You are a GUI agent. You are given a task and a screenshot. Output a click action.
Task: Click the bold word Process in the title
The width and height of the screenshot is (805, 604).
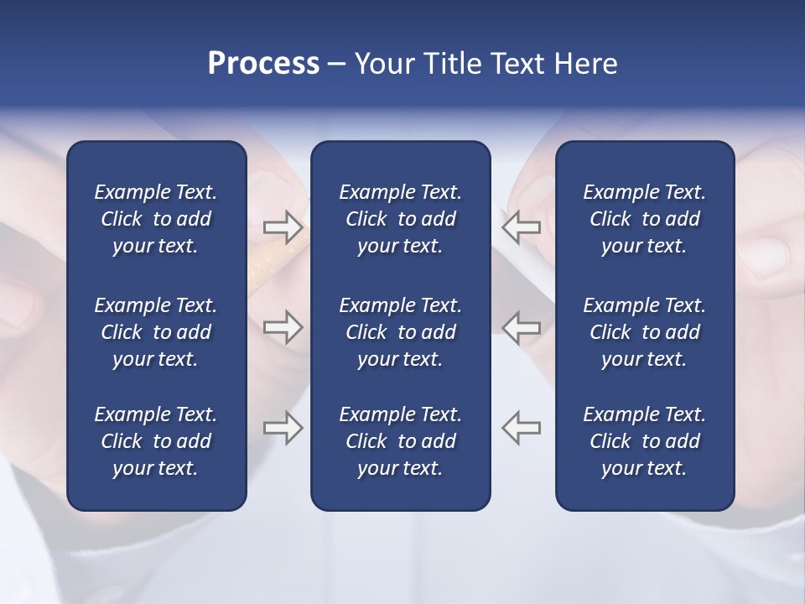[263, 64]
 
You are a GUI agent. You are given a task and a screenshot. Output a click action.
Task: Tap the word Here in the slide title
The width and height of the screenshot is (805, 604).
[584, 64]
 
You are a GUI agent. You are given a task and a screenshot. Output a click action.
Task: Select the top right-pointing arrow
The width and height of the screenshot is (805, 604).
[283, 226]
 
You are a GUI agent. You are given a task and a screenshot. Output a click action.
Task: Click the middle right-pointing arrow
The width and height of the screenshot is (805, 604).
[283, 327]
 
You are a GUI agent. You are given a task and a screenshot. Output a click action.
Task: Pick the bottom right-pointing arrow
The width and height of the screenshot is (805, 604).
[283, 428]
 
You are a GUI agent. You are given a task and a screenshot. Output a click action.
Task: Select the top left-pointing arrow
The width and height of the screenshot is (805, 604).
[521, 226]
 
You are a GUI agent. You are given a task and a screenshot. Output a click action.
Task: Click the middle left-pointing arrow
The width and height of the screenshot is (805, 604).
[521, 327]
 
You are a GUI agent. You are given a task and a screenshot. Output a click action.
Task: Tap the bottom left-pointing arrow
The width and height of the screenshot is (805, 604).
[521, 428]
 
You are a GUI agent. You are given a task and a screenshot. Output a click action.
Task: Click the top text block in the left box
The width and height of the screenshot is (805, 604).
[156, 219]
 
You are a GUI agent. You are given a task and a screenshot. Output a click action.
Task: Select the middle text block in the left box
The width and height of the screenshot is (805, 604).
[156, 332]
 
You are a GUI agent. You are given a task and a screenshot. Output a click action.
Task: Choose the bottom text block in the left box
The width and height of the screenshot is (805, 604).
[156, 441]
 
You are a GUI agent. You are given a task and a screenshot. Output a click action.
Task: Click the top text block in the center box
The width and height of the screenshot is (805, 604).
[400, 219]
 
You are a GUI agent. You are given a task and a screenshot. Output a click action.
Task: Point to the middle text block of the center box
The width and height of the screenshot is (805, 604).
[400, 332]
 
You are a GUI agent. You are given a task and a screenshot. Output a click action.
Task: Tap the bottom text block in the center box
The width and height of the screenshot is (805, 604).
[400, 441]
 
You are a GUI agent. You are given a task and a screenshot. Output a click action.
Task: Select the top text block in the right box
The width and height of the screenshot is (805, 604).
[644, 219]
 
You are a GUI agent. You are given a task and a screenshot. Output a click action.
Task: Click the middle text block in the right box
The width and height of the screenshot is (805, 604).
[644, 332]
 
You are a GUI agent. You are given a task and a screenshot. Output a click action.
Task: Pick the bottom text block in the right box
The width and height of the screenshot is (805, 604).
[644, 441]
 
